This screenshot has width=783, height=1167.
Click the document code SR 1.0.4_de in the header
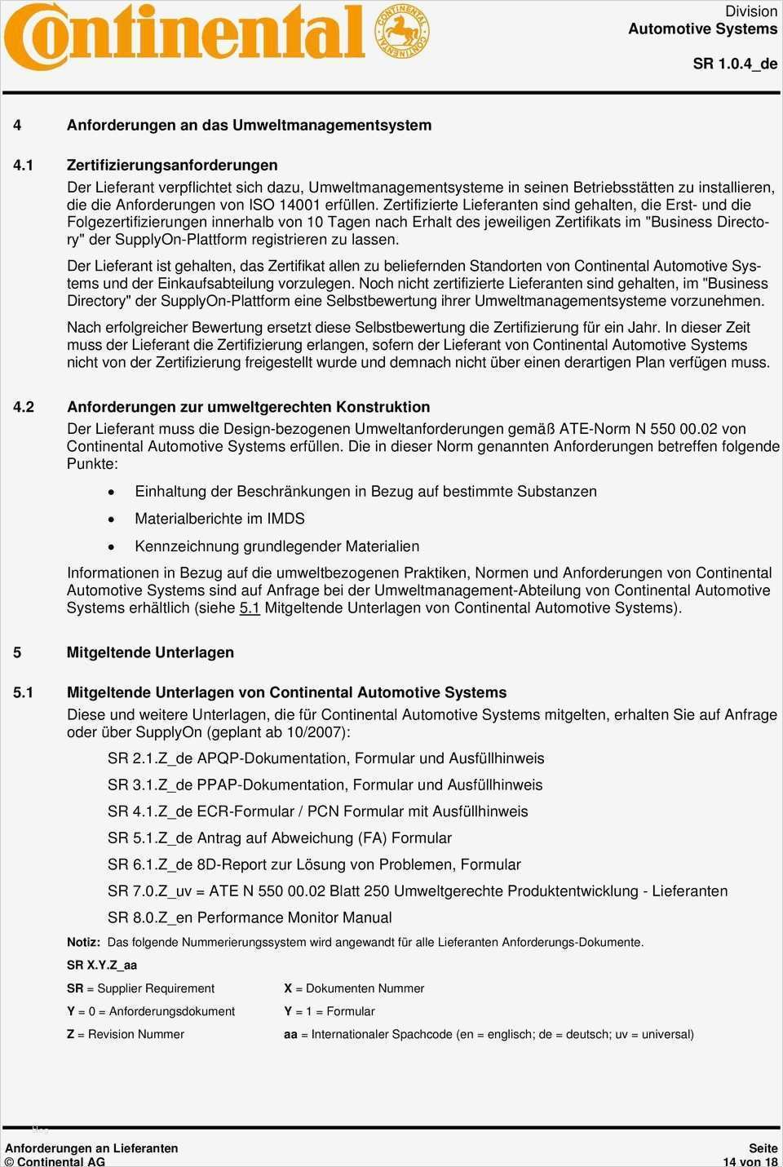[x=735, y=64]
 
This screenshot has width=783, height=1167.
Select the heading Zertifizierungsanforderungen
[x=172, y=165]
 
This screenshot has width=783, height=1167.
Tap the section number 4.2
[x=24, y=407]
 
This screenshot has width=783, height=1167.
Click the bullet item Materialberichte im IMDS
[x=219, y=519]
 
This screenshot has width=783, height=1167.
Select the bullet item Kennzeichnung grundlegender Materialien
[x=276, y=546]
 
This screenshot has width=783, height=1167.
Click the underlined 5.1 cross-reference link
[x=250, y=608]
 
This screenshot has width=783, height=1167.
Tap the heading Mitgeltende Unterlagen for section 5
[x=150, y=652]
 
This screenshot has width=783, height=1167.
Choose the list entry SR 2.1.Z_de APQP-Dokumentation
[x=325, y=758]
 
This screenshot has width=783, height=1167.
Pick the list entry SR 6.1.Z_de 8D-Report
[x=314, y=864]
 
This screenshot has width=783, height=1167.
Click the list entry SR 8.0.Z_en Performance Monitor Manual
[x=250, y=917]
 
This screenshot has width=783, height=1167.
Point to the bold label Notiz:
[x=83, y=942]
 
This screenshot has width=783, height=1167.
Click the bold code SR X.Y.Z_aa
[x=102, y=965]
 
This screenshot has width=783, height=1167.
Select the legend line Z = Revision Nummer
[x=126, y=1034]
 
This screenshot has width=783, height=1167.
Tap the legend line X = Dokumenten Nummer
[x=354, y=988]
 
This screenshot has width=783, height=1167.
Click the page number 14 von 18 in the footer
[x=750, y=1161]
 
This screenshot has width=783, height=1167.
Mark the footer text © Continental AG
[x=55, y=1161]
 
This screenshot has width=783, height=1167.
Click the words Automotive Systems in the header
[x=702, y=29]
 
